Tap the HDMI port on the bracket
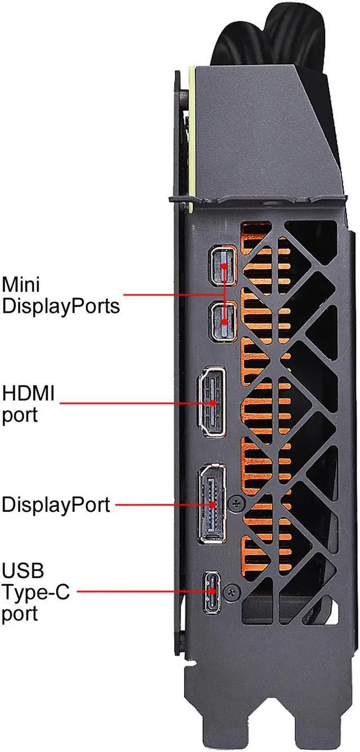210,403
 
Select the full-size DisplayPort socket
211,505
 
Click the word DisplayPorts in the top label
61,307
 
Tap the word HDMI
29,392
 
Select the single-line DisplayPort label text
55,505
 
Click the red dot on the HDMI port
213,403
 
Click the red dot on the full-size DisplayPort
213,505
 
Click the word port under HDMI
20,415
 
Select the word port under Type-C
20,613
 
